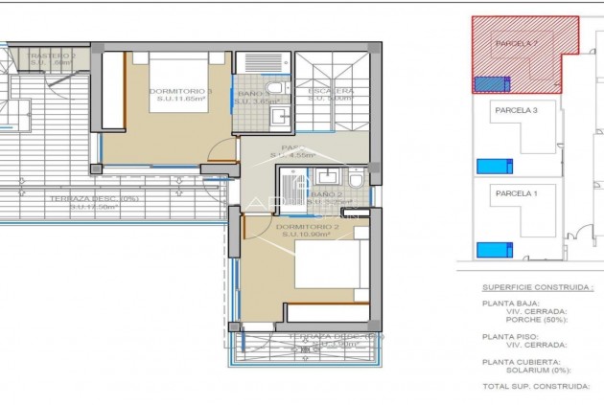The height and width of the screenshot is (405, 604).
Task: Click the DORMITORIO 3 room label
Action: pos(180,91)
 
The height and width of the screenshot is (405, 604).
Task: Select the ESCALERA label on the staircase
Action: pos(331,91)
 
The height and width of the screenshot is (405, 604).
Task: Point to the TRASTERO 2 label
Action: pos(53,56)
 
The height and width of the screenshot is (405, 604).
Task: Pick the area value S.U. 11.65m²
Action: pos(180,101)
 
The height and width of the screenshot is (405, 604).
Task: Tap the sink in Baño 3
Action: pos(277,117)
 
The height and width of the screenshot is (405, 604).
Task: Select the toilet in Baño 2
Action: pos(355,180)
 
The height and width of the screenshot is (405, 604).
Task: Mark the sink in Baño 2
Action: pos(327,176)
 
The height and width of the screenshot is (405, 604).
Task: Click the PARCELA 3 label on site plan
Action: pos(516,111)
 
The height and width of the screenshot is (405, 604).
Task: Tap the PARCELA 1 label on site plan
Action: pos(516,193)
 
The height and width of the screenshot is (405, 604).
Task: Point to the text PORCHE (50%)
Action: pos(534,319)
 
